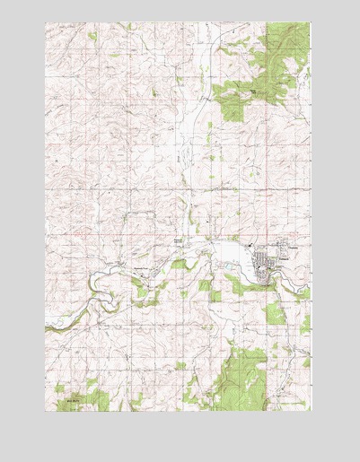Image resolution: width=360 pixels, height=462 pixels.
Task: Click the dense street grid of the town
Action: coord(269,266)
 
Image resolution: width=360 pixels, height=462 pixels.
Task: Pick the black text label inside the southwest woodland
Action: coord(71,392)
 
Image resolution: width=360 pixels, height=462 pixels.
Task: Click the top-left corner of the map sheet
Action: coord(46,23)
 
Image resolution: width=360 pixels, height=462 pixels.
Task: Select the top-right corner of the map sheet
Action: coord(310,23)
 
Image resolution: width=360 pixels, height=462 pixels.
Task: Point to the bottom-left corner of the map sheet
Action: coord(46,412)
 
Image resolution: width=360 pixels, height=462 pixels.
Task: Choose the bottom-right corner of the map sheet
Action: coord(310,412)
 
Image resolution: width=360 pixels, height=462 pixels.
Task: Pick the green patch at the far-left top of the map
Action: coord(92,36)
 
